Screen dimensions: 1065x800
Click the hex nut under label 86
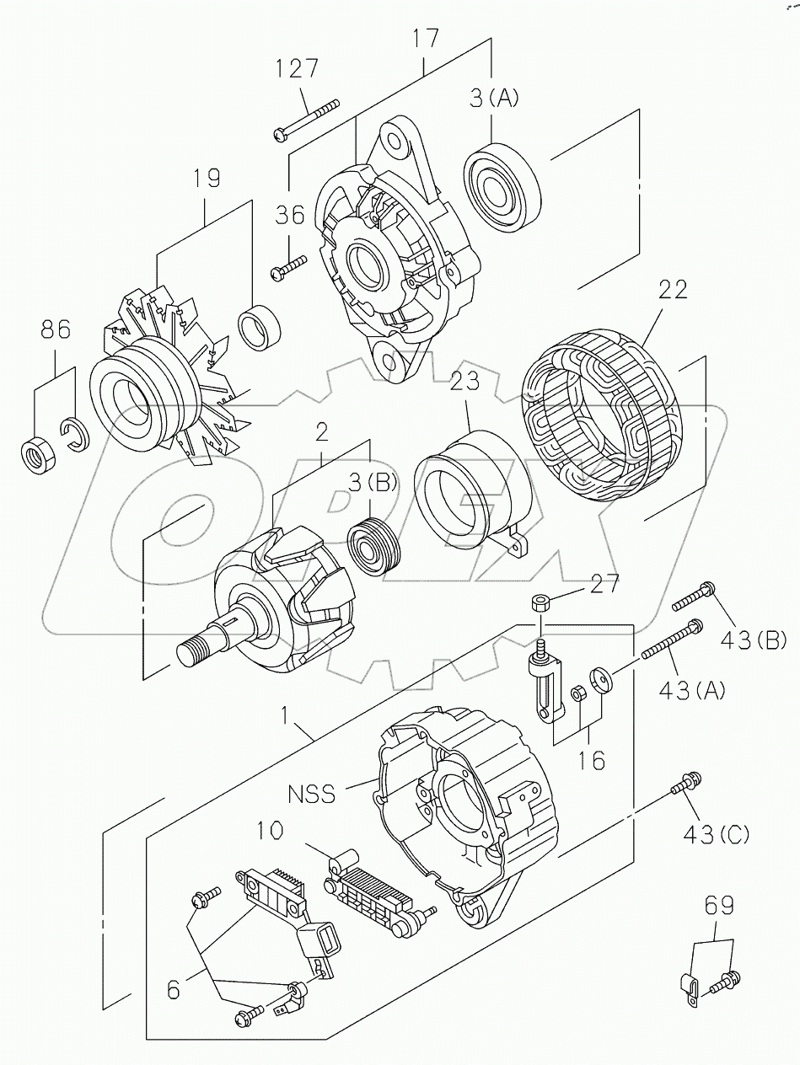click(x=38, y=452)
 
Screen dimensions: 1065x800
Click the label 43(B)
click(x=753, y=641)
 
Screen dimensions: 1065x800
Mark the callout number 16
click(x=593, y=761)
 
